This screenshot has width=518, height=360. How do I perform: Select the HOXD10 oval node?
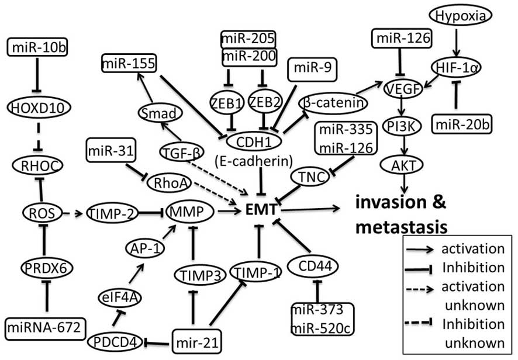point(34,107)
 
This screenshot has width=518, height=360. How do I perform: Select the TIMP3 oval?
point(194,272)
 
